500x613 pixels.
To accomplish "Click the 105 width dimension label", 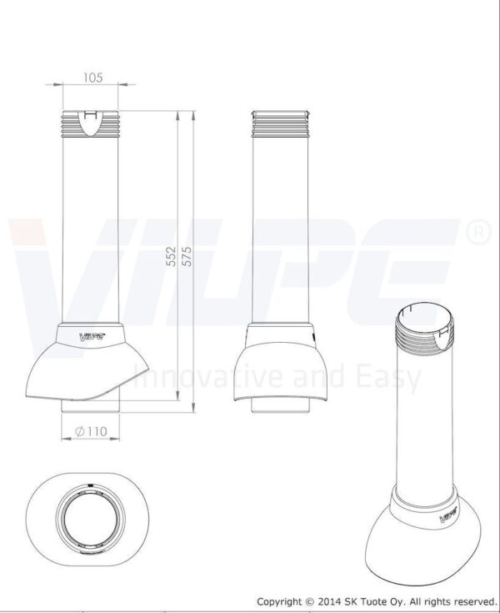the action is coord(93,78).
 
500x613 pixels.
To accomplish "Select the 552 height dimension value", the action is coord(171,257).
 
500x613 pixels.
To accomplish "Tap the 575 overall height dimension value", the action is coord(187,257).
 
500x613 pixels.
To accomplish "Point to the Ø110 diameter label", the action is coord(91,431).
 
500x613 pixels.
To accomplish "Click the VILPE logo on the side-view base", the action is coord(92,336).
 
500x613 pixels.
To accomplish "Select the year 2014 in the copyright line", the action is coord(328,601).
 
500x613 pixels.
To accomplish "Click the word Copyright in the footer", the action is coord(279,601).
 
